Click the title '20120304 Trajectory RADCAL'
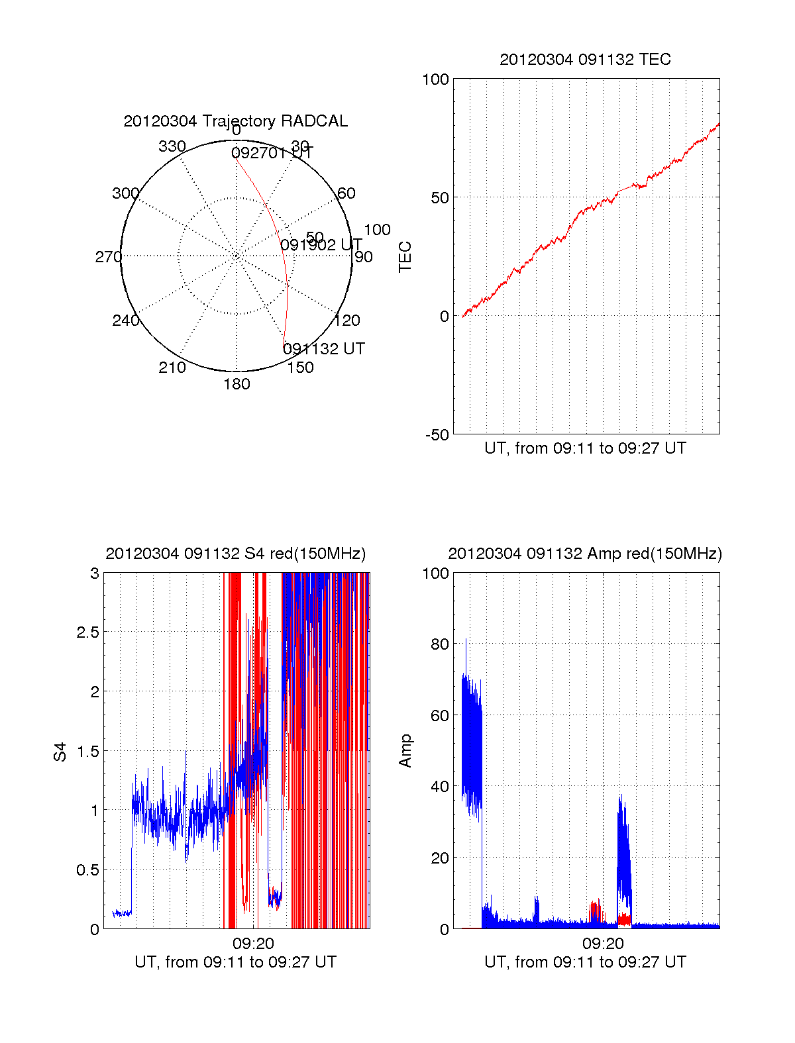pos(235,121)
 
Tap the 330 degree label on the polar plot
pos(172,146)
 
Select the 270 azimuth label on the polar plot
pos(108,257)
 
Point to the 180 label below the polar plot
pos(237,384)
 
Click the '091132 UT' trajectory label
pos(323,349)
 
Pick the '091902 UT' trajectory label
pos(321,245)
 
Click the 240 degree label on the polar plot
pos(125,321)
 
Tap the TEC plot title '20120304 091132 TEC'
pos(585,60)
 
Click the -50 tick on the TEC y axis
pos(437,435)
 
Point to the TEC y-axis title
pos(405,257)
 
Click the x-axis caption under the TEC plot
pos(585,448)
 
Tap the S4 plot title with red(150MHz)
pos(235,554)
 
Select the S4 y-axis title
pos(60,752)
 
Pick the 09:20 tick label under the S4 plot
pos(253,944)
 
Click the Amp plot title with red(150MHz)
pos(585,554)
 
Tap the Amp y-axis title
pos(405,751)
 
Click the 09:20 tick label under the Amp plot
pos(603,944)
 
